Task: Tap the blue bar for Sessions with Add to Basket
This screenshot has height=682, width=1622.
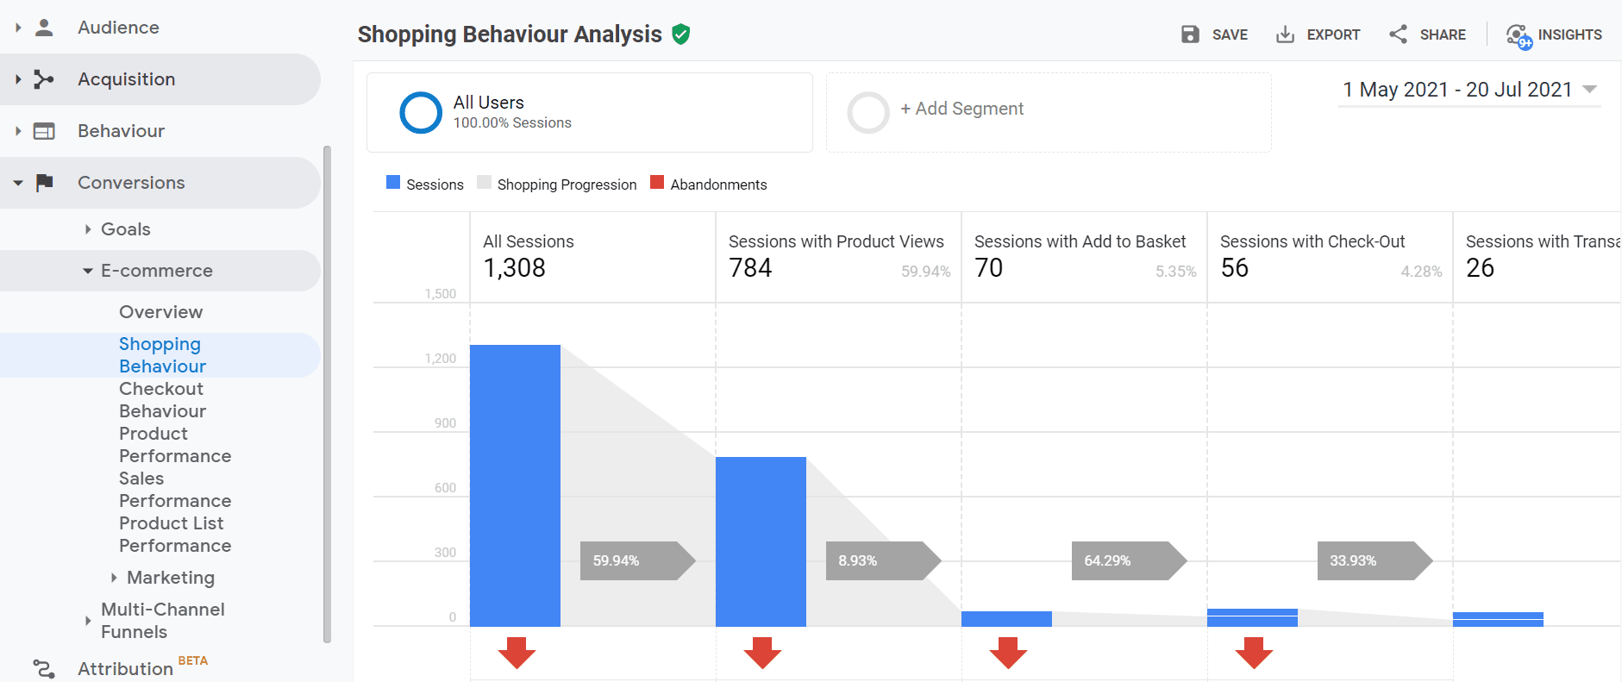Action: tap(1006, 618)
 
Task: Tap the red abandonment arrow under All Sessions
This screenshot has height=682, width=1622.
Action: tap(517, 653)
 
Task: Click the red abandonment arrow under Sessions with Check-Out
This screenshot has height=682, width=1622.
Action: tap(1254, 653)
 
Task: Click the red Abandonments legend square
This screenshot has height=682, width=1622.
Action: tap(657, 183)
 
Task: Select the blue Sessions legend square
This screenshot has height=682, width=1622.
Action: tap(393, 183)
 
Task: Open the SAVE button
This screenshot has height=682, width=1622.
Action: tap(1214, 34)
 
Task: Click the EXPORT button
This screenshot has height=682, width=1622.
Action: tap(1318, 34)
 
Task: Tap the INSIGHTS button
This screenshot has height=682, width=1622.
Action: tap(1554, 34)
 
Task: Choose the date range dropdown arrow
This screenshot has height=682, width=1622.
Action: tap(1590, 89)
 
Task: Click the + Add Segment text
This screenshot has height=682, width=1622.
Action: tap(961, 109)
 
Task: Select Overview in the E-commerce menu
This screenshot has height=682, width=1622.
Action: tap(161, 312)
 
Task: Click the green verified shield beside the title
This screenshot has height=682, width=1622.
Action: tap(681, 34)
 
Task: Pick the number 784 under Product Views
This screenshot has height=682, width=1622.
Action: tap(750, 268)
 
